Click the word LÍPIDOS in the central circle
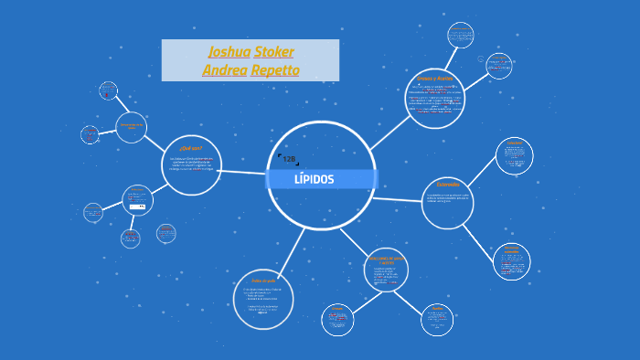pos(314,179)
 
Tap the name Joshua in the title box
pos(229,51)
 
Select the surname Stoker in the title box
pos(273,51)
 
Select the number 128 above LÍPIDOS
pos(289,159)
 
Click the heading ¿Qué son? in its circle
pos(191,147)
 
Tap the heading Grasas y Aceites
pos(434,79)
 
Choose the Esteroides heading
pos(448,185)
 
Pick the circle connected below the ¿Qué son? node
pos(138,200)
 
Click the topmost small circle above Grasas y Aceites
pos(461,36)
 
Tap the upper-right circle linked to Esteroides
pos(515,156)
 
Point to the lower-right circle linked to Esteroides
pos(511,261)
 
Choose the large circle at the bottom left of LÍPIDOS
pos(263,299)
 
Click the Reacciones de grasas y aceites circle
pos(386,270)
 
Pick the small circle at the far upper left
pos(108,90)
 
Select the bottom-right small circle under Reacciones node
pos(437,320)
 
